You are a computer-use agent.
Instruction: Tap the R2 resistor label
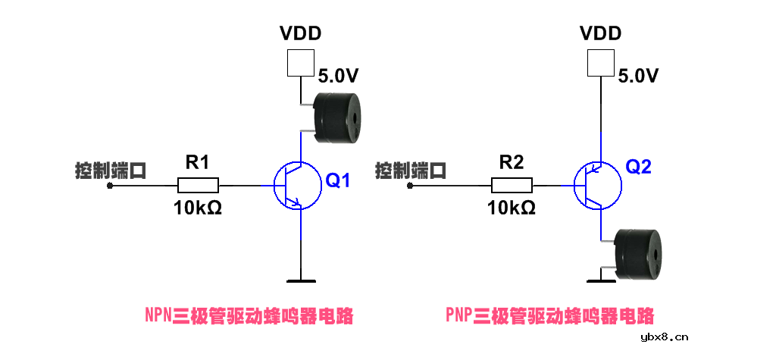point(512,161)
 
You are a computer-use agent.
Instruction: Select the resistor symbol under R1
point(199,185)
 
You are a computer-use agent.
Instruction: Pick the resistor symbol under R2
point(512,185)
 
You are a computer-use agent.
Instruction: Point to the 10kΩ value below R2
point(512,208)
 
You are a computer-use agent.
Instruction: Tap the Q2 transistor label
point(638,167)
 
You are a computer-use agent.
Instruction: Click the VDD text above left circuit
point(300,33)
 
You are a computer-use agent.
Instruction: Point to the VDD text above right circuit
point(600,33)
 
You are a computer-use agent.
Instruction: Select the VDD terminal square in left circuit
point(300,63)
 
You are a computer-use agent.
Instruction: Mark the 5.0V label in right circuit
point(637,76)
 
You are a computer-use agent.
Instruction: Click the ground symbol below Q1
point(301,280)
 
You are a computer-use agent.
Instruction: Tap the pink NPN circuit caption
point(249,315)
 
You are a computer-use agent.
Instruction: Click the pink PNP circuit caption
point(549,315)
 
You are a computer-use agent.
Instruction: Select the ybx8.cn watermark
point(664,337)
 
